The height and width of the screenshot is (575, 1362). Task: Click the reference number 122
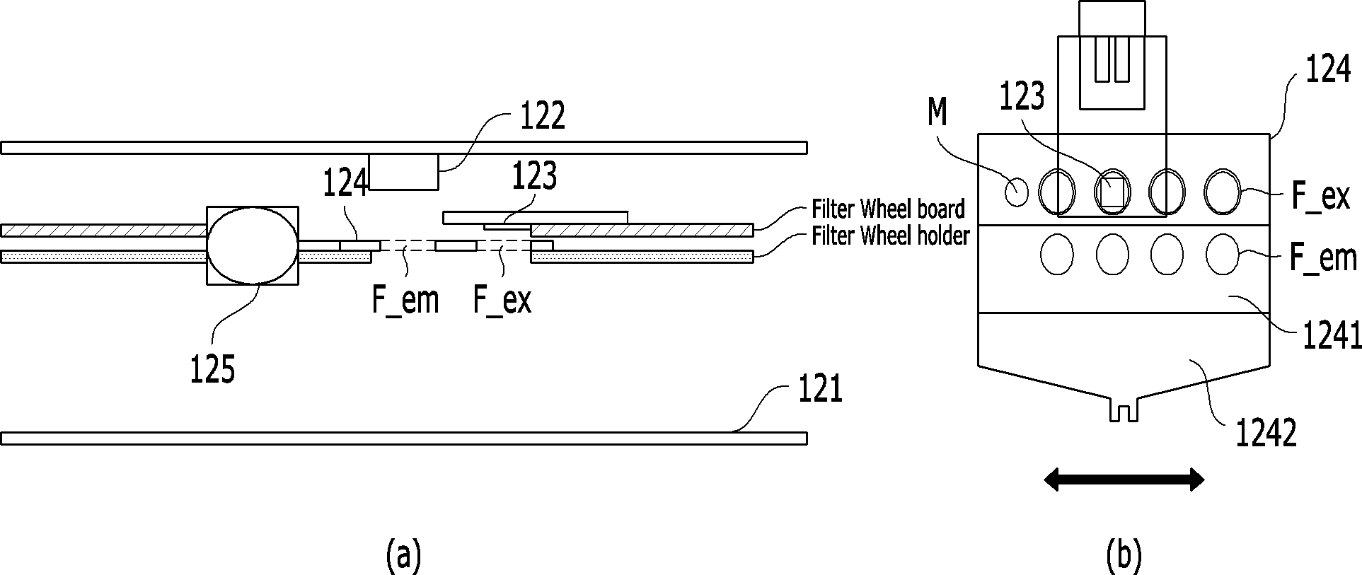[x=543, y=116]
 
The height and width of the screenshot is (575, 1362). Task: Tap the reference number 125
[x=212, y=369]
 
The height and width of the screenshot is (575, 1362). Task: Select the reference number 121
[x=820, y=390]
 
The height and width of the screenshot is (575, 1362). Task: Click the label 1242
[x=1266, y=433]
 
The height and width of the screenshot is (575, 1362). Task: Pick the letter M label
[x=937, y=114]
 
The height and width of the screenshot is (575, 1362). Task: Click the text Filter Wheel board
[x=888, y=210]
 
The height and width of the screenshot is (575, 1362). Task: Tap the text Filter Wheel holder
[x=890, y=235]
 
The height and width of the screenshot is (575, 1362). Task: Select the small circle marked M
[x=1016, y=191]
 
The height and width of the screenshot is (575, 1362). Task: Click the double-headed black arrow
[x=1124, y=480]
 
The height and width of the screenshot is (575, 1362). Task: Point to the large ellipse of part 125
[x=253, y=246]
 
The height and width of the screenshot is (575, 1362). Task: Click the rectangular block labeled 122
[x=403, y=172]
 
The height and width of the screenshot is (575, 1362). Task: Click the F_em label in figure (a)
[x=405, y=301]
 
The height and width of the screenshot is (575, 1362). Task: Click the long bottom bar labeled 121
[x=404, y=438]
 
